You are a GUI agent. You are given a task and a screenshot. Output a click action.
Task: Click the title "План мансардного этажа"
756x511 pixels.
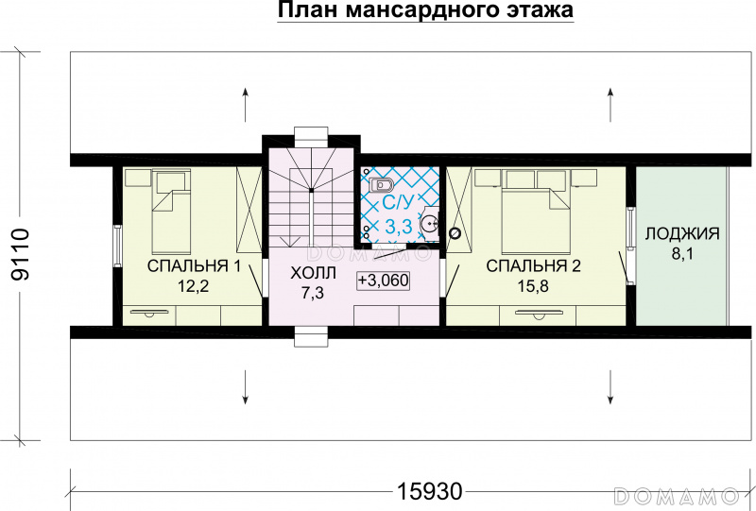coord(425,9)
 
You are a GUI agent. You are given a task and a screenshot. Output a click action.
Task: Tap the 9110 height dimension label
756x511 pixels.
coord(21,254)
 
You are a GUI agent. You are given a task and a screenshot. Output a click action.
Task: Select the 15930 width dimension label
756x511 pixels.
coord(430,492)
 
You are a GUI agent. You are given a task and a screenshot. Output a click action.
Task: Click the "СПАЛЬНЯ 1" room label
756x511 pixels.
coord(194,265)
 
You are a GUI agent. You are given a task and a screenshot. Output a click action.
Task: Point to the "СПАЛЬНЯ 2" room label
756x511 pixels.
coord(533,265)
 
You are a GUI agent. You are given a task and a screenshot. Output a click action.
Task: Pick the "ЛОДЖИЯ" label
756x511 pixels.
coord(682,234)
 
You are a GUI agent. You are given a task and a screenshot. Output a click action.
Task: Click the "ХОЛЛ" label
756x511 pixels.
coord(314,273)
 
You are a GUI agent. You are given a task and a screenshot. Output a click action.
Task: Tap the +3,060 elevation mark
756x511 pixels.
coord(384,281)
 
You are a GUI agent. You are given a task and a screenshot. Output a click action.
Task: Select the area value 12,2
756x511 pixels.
coord(194,286)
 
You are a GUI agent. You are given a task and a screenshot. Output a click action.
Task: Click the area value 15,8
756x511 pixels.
coord(533,286)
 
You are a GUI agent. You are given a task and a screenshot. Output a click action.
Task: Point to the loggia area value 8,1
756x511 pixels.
coord(682,253)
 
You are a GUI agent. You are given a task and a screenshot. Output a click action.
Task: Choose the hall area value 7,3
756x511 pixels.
coord(314,293)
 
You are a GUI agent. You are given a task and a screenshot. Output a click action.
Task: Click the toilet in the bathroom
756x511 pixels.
coord(381,184)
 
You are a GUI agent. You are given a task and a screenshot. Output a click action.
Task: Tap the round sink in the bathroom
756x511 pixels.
coord(429,224)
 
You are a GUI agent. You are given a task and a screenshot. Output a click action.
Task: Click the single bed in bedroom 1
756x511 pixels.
coord(171,213)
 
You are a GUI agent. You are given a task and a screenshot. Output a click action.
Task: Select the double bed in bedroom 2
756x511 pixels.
coord(536,218)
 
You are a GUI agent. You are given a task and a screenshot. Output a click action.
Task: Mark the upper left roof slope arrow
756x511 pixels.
coord(246,105)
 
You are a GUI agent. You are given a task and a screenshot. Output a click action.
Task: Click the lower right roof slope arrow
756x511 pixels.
coord(610,386)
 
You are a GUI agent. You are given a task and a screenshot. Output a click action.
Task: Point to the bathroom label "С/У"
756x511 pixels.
coord(398,204)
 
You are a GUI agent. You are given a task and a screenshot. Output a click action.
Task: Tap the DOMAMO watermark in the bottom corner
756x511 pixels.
coord(677,496)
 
